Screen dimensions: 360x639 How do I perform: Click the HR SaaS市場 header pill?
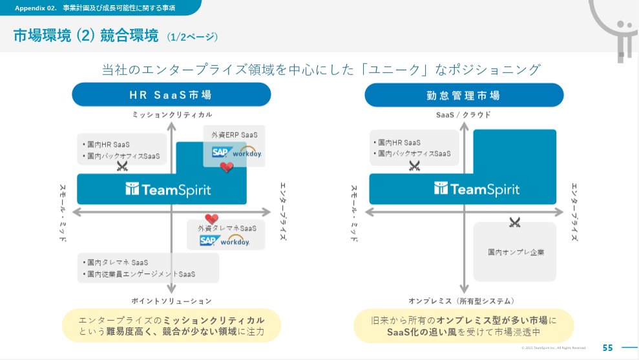point(171,95)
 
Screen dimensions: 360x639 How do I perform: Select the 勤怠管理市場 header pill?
point(463,95)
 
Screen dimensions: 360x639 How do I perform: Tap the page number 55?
point(607,348)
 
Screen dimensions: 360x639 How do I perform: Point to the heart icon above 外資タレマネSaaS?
point(212,218)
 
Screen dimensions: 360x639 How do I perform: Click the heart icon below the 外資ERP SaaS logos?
point(226,167)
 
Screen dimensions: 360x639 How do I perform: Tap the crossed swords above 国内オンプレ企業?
point(514,223)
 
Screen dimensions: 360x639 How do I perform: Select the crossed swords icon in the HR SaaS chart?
point(122,166)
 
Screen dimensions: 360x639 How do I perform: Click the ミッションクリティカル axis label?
point(172,114)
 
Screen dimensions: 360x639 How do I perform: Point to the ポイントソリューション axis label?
point(171,301)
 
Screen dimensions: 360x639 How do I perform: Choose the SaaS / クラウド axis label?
point(463,114)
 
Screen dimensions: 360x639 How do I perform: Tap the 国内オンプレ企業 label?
point(516,251)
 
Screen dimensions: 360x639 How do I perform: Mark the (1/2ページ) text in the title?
point(192,37)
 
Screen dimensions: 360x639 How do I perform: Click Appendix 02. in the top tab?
point(33,8)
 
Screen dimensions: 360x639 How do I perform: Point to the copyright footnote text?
point(554,348)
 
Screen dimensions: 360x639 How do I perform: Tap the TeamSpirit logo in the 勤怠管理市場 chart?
point(477,189)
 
